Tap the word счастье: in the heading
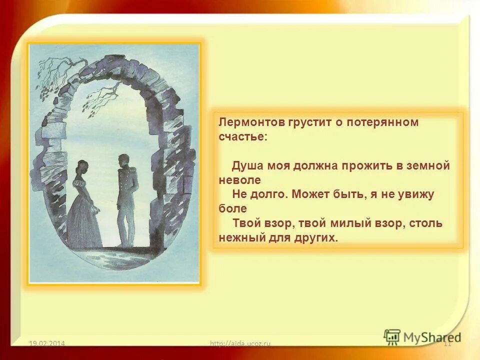[243, 137]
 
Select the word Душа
[247, 166]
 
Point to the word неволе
[240, 180]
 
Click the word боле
[232, 209]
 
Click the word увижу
[414, 195]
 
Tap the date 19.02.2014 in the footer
[47, 343]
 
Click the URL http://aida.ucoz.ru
[240, 343]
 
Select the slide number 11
[447, 343]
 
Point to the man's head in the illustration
[123, 161]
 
